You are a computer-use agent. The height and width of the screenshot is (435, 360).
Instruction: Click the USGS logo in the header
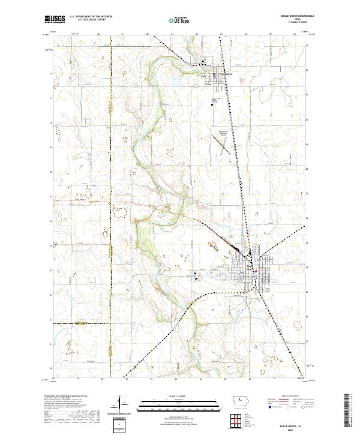point(54,19)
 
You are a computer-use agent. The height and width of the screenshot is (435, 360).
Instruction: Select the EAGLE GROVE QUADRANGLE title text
point(294,16)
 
